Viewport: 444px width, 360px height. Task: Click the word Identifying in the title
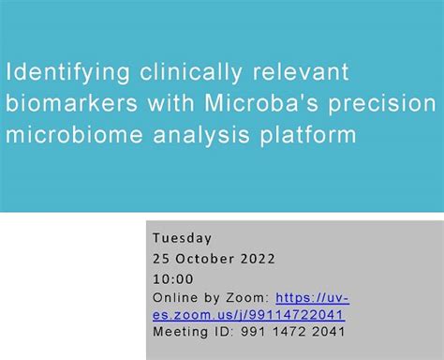61,73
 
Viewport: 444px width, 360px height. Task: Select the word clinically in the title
173,73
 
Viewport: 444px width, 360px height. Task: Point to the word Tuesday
182,238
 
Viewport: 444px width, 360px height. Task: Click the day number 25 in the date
160,259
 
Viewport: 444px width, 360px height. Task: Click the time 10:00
172,278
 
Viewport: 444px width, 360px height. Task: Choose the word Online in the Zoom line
174,297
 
